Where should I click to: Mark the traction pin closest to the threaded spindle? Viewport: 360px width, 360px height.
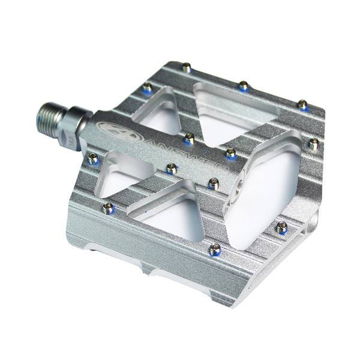(93, 158)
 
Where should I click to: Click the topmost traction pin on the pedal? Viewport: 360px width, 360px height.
(187, 68)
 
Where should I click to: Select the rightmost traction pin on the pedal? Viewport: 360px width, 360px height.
(313, 143)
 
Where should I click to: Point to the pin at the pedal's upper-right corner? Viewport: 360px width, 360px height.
(303, 106)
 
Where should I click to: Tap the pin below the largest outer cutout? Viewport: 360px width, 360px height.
(281, 227)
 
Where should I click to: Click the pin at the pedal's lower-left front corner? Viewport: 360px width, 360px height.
(108, 208)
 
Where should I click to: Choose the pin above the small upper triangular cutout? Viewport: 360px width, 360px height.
(147, 88)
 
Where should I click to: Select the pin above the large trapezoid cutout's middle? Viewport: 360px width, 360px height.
(243, 86)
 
